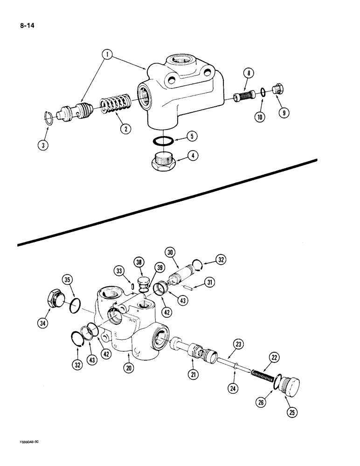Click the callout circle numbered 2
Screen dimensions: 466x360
coord(125,129)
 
